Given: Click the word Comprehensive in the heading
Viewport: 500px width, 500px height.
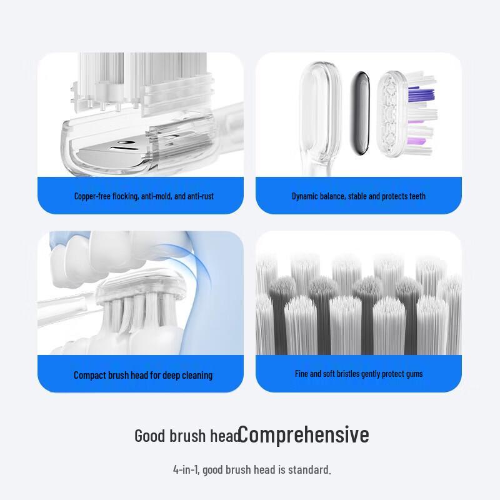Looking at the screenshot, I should tap(304, 434).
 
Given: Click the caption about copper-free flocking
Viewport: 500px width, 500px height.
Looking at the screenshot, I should tap(144, 196).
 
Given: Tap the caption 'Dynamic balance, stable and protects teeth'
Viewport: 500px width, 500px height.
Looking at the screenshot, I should tap(359, 196).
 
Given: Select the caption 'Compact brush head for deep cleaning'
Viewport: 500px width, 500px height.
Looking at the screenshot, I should tap(143, 375).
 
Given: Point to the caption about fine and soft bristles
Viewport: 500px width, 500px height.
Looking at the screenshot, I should tap(359, 374).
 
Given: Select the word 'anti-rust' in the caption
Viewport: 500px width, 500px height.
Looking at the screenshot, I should tap(201, 196).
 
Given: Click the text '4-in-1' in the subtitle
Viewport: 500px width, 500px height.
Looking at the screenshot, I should tap(185, 469).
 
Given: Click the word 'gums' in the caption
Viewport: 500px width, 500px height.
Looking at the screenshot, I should tap(414, 374).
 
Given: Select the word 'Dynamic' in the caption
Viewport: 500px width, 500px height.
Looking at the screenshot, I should tap(306, 196).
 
